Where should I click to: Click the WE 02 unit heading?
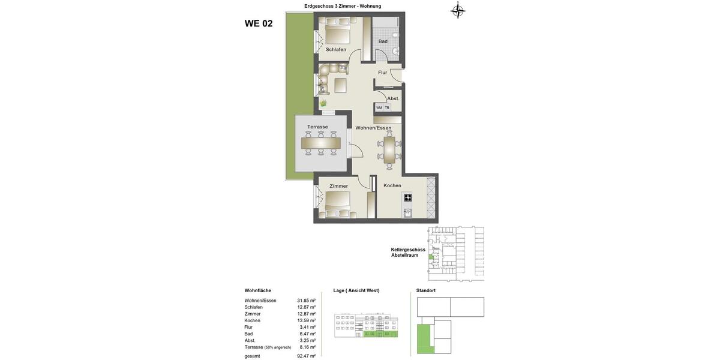(259, 23)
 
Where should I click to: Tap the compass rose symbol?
(458, 10)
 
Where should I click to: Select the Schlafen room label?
(336, 49)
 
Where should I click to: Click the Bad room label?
(383, 41)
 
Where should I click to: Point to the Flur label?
(382, 73)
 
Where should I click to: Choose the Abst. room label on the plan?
(393, 98)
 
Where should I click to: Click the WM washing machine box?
(379, 108)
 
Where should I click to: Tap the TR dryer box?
(387, 108)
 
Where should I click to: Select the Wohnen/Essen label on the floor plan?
(373, 128)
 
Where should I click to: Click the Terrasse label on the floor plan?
(317, 127)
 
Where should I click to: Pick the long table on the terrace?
(320, 143)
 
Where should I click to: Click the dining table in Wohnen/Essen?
(389, 150)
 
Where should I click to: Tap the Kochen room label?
(392, 185)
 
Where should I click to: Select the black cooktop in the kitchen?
(408, 197)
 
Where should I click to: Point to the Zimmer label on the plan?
(338, 186)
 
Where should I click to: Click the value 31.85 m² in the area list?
(306, 301)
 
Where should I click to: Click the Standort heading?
(426, 290)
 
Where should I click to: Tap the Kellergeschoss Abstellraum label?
(408, 252)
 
